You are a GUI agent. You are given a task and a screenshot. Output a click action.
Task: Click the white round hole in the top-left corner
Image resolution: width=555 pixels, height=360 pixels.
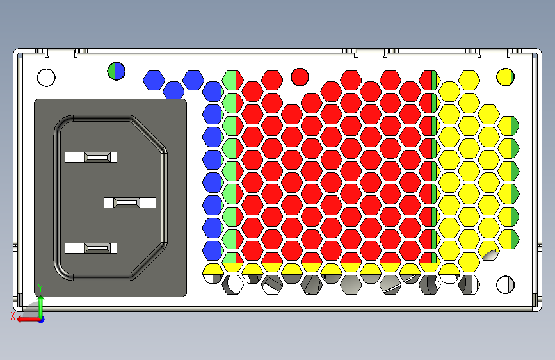(x=46, y=78)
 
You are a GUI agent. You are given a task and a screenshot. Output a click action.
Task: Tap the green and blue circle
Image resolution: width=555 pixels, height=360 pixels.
(x=116, y=70)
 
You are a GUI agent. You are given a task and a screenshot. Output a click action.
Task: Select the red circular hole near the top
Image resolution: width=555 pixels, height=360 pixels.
(x=300, y=77)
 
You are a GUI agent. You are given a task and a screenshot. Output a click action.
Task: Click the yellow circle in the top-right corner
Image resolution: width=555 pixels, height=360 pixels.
(x=506, y=77)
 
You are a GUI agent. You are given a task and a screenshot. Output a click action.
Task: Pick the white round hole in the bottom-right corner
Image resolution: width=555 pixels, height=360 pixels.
(x=506, y=284)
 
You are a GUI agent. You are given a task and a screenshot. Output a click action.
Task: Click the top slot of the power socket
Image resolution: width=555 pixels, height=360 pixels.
(x=92, y=157)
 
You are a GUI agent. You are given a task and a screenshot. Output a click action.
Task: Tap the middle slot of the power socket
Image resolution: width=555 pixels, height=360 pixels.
(x=130, y=202)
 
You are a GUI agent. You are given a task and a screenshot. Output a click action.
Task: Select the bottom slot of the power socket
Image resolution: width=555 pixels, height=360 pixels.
(x=92, y=248)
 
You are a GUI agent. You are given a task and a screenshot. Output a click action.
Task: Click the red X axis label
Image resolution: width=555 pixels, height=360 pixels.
(x=13, y=316)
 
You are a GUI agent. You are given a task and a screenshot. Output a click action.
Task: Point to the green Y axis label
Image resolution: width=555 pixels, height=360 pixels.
(x=40, y=288)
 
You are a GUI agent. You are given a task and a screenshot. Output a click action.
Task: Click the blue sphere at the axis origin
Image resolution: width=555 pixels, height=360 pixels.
(x=40, y=319)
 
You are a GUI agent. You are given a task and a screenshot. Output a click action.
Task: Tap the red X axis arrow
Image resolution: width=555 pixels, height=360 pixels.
(x=26, y=318)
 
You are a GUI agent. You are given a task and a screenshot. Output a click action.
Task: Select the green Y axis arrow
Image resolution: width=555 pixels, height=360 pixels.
(x=40, y=304)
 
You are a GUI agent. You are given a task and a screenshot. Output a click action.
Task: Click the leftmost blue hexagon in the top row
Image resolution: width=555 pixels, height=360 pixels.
(x=153, y=80)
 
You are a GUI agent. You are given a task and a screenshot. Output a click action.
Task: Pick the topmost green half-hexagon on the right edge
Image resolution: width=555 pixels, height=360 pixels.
(x=511, y=126)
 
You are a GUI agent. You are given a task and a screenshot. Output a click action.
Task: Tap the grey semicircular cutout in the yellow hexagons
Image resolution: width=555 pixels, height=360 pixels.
(x=492, y=255)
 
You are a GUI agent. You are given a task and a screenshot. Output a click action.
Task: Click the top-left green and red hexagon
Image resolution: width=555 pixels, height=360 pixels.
(x=230, y=81)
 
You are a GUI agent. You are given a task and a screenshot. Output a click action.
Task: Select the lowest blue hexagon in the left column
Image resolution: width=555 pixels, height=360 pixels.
(x=212, y=250)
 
